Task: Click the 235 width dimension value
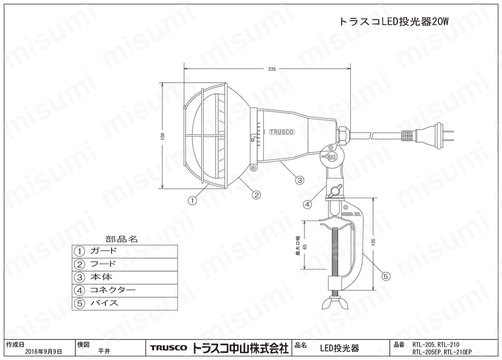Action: point(272,69)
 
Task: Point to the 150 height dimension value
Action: point(163,137)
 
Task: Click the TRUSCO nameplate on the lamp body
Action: point(282,132)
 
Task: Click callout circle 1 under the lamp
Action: point(192,199)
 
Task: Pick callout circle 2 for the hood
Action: point(256,195)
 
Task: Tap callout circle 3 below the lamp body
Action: point(300,180)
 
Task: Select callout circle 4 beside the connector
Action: point(307,204)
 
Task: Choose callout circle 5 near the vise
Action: point(386,276)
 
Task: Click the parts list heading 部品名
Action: point(124,238)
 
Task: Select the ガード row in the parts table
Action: point(124,251)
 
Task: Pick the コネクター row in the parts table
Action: point(124,290)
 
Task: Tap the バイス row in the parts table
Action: point(124,304)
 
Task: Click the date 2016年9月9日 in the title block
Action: point(44,352)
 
